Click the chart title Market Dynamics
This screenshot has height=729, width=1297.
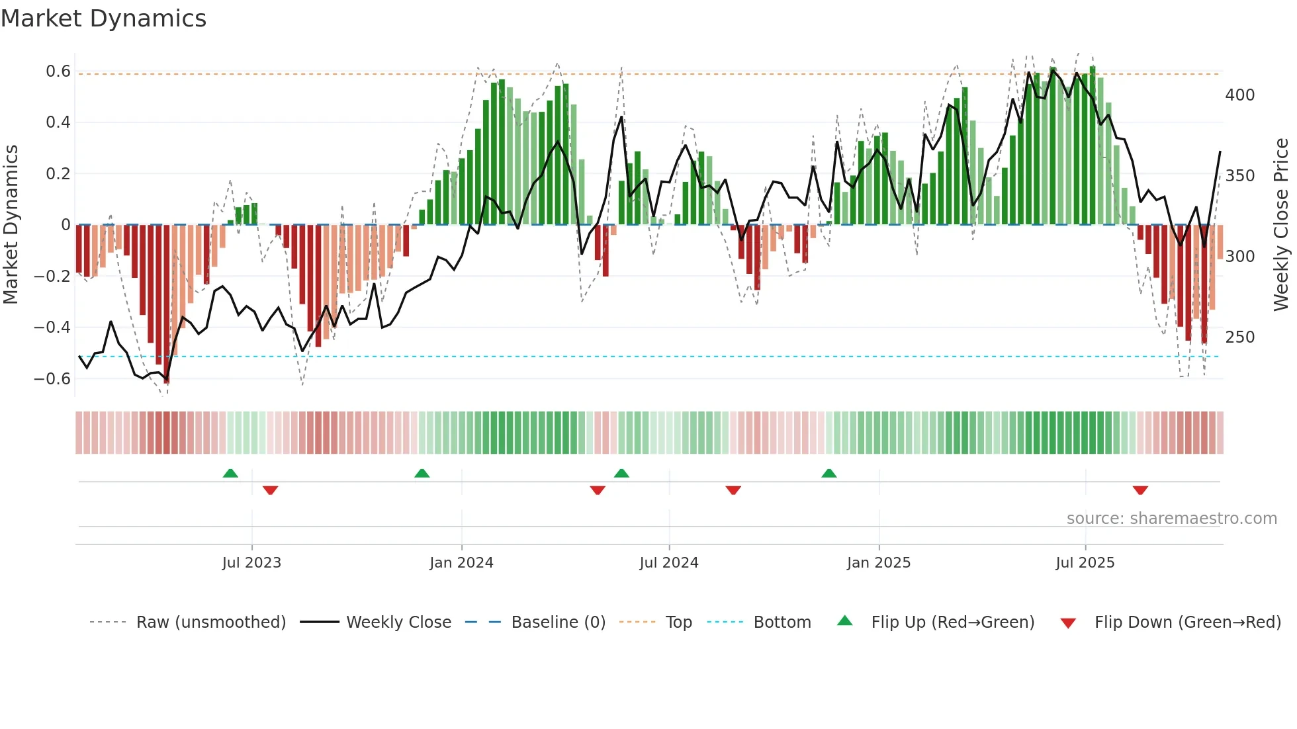coord(103,19)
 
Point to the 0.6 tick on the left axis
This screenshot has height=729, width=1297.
coord(58,71)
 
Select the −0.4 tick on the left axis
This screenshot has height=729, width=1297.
coord(52,327)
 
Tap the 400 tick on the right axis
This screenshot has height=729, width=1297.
coord(1239,95)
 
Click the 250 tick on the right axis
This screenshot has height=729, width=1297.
coord(1239,337)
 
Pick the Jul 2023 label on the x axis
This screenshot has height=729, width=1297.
coord(251,563)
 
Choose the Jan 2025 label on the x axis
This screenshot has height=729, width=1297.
coord(878,563)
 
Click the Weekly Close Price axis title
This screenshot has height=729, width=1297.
coord(1281,224)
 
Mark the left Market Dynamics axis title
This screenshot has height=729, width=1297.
coord(11,224)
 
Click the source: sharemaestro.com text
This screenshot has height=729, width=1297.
coord(1171,519)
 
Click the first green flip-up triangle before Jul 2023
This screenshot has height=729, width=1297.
coord(230,474)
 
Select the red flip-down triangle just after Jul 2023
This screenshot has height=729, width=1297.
coord(270,490)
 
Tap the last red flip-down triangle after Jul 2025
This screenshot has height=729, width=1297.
coord(1140,490)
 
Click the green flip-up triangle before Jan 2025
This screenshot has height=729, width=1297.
coord(829,474)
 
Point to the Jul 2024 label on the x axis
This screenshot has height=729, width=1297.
coord(668,563)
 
